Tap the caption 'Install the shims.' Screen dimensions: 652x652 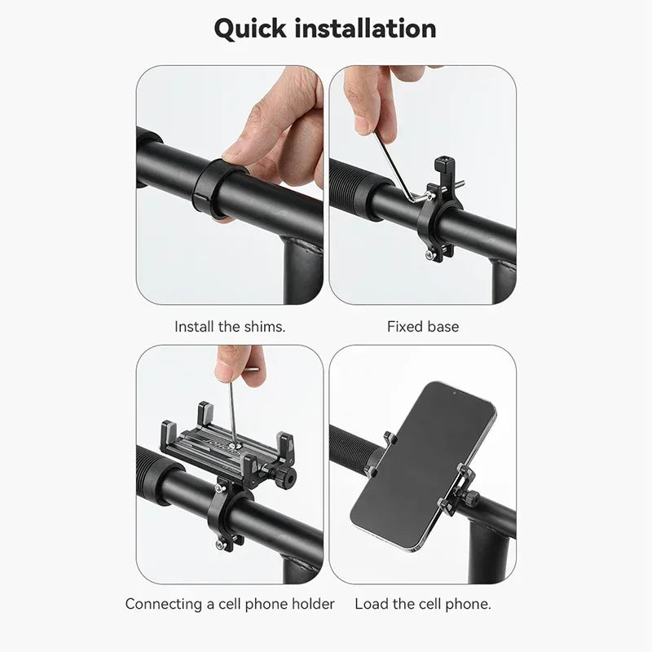pyautogui.click(x=230, y=327)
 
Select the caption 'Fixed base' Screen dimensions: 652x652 pyautogui.click(x=422, y=327)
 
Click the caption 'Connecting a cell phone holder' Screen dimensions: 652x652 pyautogui.click(x=230, y=604)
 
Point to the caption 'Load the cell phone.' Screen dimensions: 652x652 pyautogui.click(x=422, y=604)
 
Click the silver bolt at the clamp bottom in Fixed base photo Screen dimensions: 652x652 pyautogui.click(x=429, y=255)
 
